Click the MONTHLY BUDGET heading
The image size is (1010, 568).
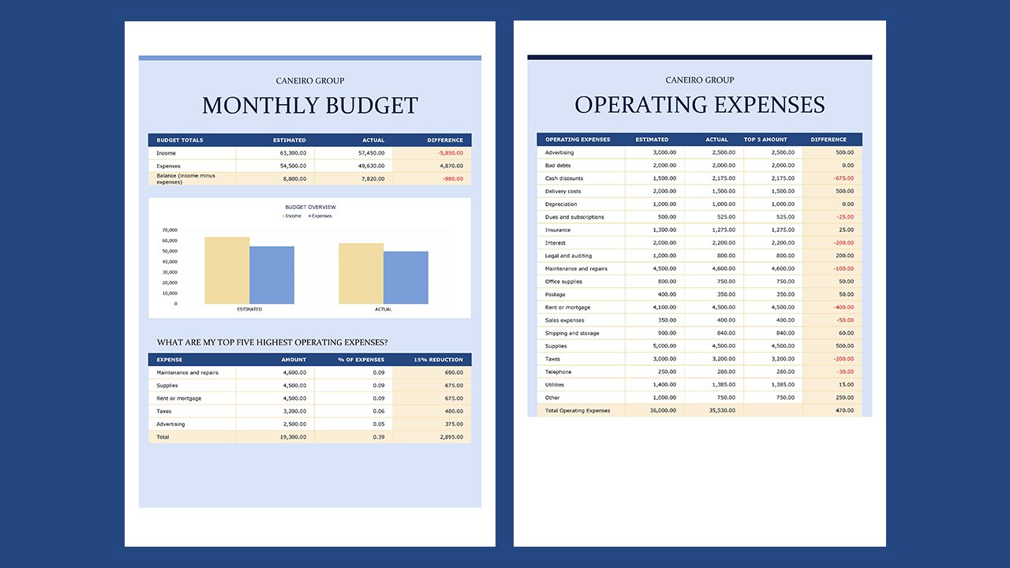tap(309, 106)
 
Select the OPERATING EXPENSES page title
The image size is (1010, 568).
tap(699, 105)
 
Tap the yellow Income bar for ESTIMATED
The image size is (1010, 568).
tap(227, 271)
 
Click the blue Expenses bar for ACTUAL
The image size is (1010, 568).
tap(406, 278)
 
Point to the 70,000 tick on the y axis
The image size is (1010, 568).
tap(170, 230)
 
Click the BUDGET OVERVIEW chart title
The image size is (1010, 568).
tap(310, 207)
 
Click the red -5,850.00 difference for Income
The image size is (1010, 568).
tap(448, 153)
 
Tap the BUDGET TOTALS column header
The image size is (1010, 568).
tap(180, 140)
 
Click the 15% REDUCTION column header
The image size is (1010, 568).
tap(438, 360)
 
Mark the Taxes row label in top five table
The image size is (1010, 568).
tap(164, 411)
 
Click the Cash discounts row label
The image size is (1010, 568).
tap(564, 178)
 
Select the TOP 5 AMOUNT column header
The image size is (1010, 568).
tap(765, 140)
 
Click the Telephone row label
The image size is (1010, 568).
tap(558, 372)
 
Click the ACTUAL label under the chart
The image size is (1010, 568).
tap(383, 309)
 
